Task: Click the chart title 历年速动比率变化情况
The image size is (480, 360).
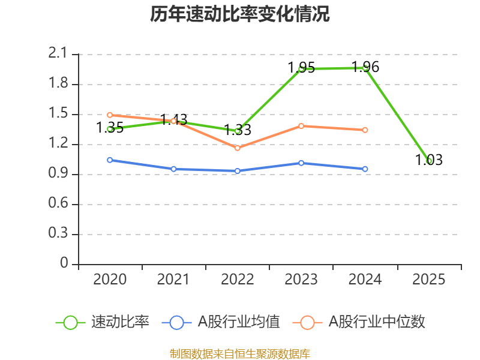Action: [240, 14]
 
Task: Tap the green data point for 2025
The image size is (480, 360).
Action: [429, 161]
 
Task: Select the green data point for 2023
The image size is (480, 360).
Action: [301, 69]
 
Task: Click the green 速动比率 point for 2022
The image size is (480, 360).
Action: [238, 131]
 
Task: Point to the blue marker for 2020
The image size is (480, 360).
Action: [110, 160]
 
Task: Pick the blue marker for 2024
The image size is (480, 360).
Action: [365, 169]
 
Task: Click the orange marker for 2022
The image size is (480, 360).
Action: [238, 148]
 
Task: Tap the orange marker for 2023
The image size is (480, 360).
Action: [301, 126]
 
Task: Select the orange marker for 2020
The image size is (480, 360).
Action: [110, 115]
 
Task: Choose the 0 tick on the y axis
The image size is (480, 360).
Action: [65, 264]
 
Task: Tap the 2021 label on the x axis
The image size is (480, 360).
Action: [173, 280]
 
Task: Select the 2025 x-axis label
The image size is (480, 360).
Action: [429, 280]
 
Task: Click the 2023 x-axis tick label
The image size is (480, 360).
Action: [301, 280]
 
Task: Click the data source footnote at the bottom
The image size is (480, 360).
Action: [240, 353]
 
